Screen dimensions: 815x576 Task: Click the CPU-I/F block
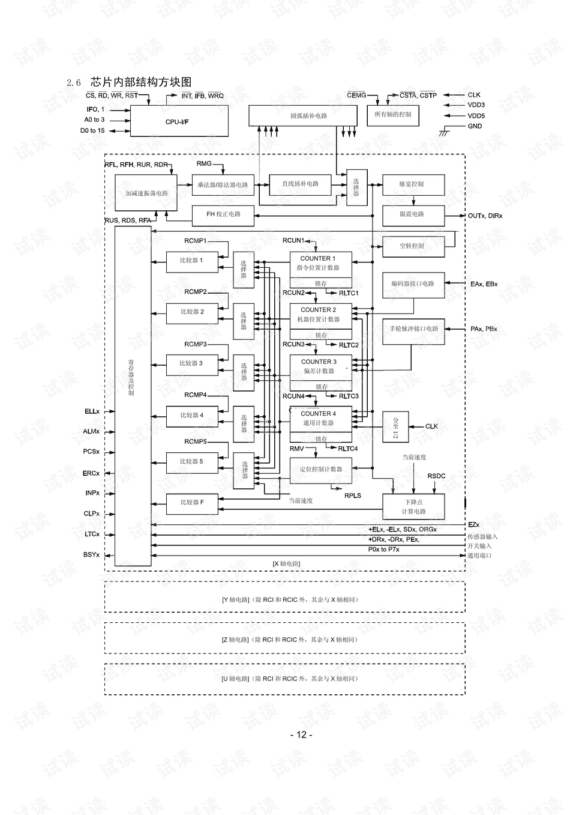click(179, 121)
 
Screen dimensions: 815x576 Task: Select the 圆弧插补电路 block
click(308, 115)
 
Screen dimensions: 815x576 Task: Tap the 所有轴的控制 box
click(393, 115)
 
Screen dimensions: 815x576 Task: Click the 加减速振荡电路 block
click(146, 193)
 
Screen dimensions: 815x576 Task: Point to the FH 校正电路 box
click(223, 214)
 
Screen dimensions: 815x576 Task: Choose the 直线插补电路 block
click(300, 184)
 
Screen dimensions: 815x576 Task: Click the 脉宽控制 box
click(413, 184)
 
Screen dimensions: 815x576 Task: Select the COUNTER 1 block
click(318, 263)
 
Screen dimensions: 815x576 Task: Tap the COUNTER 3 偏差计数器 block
click(318, 366)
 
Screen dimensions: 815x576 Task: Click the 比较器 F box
click(192, 502)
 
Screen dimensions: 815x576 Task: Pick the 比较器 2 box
click(192, 312)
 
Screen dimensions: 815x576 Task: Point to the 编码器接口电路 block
click(413, 284)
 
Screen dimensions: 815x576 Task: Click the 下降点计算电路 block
click(413, 506)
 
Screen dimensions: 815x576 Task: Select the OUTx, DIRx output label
click(485, 216)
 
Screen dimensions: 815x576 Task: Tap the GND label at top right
click(475, 126)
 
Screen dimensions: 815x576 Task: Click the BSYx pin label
click(91, 554)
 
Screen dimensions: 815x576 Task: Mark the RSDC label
click(436, 476)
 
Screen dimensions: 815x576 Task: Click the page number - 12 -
click(301, 735)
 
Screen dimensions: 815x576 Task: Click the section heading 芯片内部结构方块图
click(141, 82)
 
